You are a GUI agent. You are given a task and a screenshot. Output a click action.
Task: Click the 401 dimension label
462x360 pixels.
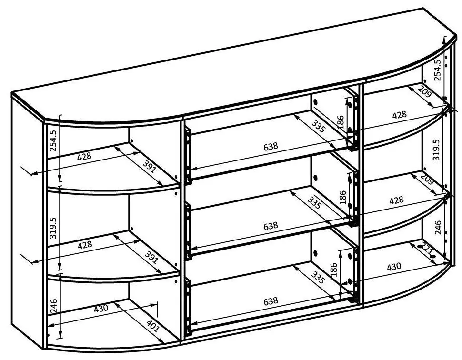[x=153, y=325]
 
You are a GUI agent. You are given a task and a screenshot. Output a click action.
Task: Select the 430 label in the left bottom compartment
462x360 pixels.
[x=101, y=309]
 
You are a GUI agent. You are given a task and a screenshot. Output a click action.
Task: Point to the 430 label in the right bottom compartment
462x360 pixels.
[x=394, y=267]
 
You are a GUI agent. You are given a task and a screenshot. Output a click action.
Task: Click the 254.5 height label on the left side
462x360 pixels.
[x=53, y=140]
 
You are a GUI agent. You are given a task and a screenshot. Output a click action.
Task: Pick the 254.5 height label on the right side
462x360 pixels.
[x=437, y=70]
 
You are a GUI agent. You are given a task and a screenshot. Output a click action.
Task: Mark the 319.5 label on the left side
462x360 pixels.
[x=54, y=228]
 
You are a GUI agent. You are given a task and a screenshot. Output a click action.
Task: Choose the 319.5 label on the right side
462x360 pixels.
[x=436, y=150]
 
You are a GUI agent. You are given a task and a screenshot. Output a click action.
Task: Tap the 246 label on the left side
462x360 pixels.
[x=54, y=306]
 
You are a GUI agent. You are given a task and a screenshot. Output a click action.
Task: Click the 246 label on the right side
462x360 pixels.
[x=438, y=228]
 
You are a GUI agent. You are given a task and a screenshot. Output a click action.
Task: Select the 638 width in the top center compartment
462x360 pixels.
[x=271, y=146]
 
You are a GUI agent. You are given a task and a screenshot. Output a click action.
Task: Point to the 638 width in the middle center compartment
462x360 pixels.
[x=271, y=226]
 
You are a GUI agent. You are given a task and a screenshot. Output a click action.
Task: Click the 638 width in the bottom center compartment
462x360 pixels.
[x=271, y=301]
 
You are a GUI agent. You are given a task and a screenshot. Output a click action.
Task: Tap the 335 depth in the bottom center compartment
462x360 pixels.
[x=318, y=277]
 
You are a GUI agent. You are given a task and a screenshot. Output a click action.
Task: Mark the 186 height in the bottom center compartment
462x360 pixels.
[x=333, y=269]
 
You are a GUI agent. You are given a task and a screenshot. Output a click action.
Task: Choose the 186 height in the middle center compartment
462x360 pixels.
[x=342, y=198]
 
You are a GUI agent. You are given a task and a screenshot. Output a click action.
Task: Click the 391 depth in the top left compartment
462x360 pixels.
[x=150, y=167]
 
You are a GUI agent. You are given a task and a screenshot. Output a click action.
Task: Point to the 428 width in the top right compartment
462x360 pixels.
[x=399, y=115]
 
